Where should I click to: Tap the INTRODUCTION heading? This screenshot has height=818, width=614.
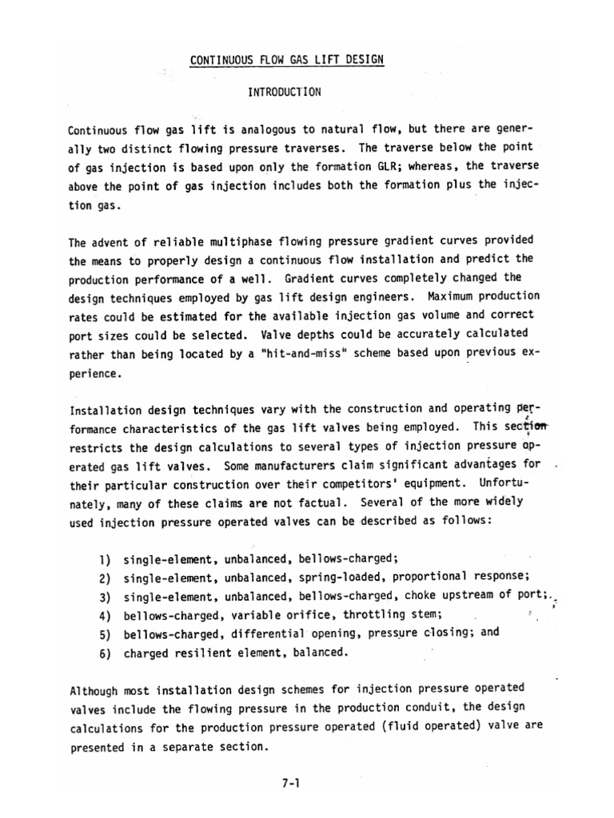coord(284,92)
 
